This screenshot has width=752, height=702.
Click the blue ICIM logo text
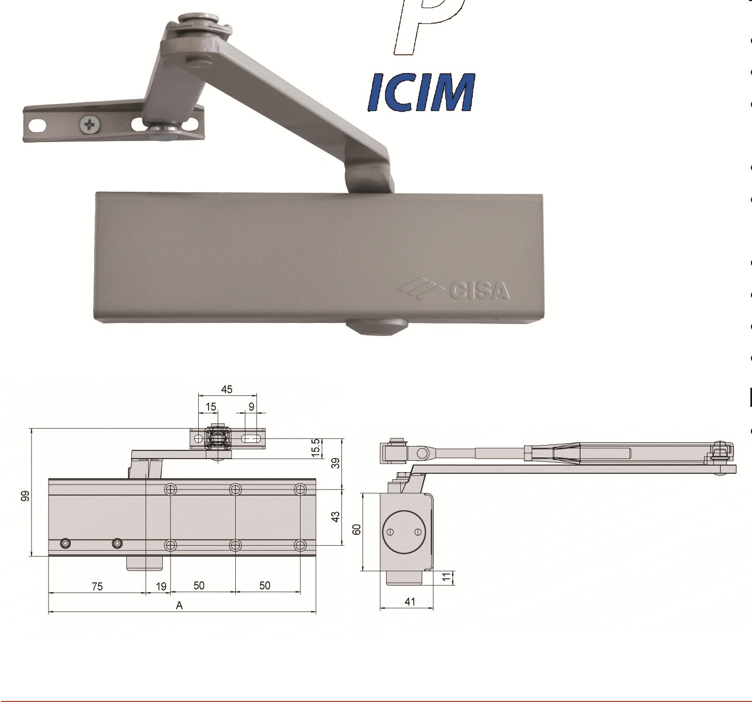point(421,92)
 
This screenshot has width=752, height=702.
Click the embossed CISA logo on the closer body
point(455,290)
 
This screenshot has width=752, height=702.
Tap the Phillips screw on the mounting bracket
point(90,125)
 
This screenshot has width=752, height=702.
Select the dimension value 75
point(97,587)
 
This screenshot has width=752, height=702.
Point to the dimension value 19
point(161,587)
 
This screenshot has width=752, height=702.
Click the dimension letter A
point(179,605)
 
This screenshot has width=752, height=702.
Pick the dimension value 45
point(227,389)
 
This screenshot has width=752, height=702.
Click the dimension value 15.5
point(315,448)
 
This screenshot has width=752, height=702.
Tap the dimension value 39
point(336,463)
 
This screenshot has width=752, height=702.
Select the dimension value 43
point(336,516)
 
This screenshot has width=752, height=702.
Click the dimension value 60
point(357,529)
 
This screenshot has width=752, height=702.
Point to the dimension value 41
point(410,601)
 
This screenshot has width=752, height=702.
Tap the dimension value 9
point(251,407)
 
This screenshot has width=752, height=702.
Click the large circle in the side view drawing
point(403,532)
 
